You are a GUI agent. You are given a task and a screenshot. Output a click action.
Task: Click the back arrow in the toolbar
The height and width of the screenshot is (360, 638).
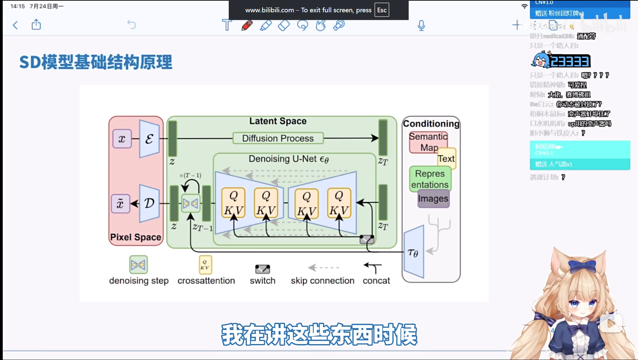pyautogui.click(x=15, y=25)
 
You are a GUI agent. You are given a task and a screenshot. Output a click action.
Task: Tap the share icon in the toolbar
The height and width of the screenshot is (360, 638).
pyautogui.click(x=36, y=25)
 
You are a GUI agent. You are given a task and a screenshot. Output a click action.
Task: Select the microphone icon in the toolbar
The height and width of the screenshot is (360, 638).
pyautogui.click(x=421, y=25)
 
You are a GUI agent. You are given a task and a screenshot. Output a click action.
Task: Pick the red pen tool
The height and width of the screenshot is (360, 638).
pyautogui.click(x=247, y=25)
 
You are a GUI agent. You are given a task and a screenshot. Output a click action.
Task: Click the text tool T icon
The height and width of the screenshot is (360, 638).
pyautogui.click(x=227, y=25)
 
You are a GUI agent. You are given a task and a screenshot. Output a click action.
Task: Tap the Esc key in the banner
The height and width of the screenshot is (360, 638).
pyautogui.click(x=382, y=10)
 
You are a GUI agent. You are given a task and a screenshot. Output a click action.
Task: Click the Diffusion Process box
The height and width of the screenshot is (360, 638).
pyautogui.click(x=278, y=138)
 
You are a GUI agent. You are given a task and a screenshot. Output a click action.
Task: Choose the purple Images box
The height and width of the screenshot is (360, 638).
pyautogui.click(x=434, y=199)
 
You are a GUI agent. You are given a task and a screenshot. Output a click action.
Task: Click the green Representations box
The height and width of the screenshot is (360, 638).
pyautogui.click(x=430, y=179)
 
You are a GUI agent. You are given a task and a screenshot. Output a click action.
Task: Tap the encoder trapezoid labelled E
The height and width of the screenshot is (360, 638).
pyautogui.click(x=149, y=139)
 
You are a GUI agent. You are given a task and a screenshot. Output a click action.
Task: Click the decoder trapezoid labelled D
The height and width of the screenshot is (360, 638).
pyautogui.click(x=149, y=203)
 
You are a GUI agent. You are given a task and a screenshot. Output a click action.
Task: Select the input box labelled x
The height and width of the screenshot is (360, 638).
pyautogui.click(x=122, y=139)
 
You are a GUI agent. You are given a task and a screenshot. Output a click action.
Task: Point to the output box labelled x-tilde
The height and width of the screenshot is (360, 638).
pyautogui.click(x=120, y=203)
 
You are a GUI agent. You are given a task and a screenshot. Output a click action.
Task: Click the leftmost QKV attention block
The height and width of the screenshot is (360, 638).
pyautogui.click(x=233, y=203)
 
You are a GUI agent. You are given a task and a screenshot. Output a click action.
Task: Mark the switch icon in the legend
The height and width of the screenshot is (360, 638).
pyautogui.click(x=262, y=269)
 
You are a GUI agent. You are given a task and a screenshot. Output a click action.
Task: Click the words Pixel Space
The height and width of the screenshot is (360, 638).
pyautogui.click(x=136, y=237)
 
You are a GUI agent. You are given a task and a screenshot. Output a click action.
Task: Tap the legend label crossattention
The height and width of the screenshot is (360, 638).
pyautogui.click(x=206, y=281)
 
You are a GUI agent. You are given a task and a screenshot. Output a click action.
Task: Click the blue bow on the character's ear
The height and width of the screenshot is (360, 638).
pyautogui.click(x=582, y=266)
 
